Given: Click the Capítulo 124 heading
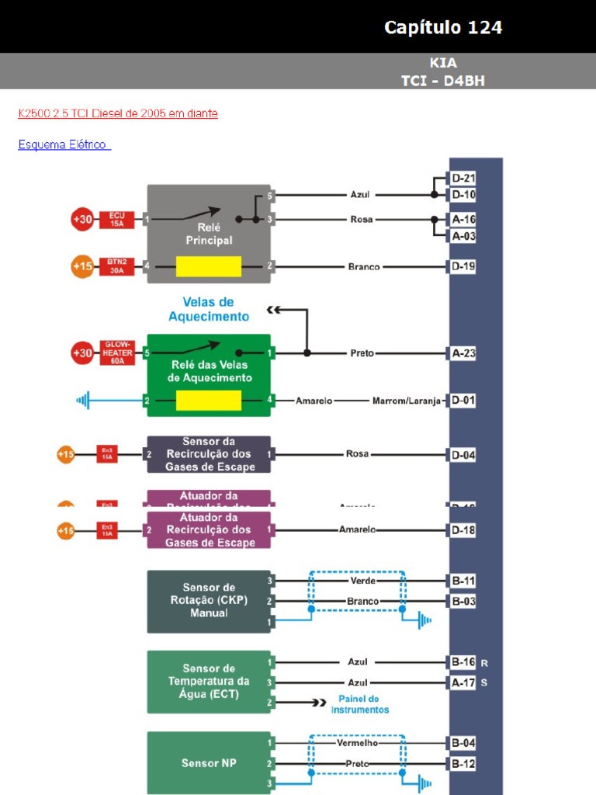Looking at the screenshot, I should click(443, 28).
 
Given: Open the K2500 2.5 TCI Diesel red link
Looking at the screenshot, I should click(118, 113).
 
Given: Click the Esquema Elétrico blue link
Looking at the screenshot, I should click(64, 144).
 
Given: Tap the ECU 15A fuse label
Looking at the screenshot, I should click(116, 220).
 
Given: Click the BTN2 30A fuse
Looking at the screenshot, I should click(116, 267).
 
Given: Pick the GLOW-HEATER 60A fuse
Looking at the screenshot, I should click(116, 353).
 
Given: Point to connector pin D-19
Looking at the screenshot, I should click(464, 267).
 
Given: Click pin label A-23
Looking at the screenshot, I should click(464, 353).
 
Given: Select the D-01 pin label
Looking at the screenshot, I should click(464, 401).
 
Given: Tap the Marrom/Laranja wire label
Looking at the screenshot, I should click(406, 401).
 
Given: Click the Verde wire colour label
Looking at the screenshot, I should click(363, 581).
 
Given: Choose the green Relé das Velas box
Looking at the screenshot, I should click(209, 365).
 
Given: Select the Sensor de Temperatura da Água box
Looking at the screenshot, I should click(209, 681).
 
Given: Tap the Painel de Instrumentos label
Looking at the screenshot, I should click(360, 704).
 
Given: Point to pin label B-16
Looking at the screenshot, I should click(464, 662).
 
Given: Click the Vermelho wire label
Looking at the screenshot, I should click(357, 743).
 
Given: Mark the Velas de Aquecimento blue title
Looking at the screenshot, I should click(209, 309).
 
